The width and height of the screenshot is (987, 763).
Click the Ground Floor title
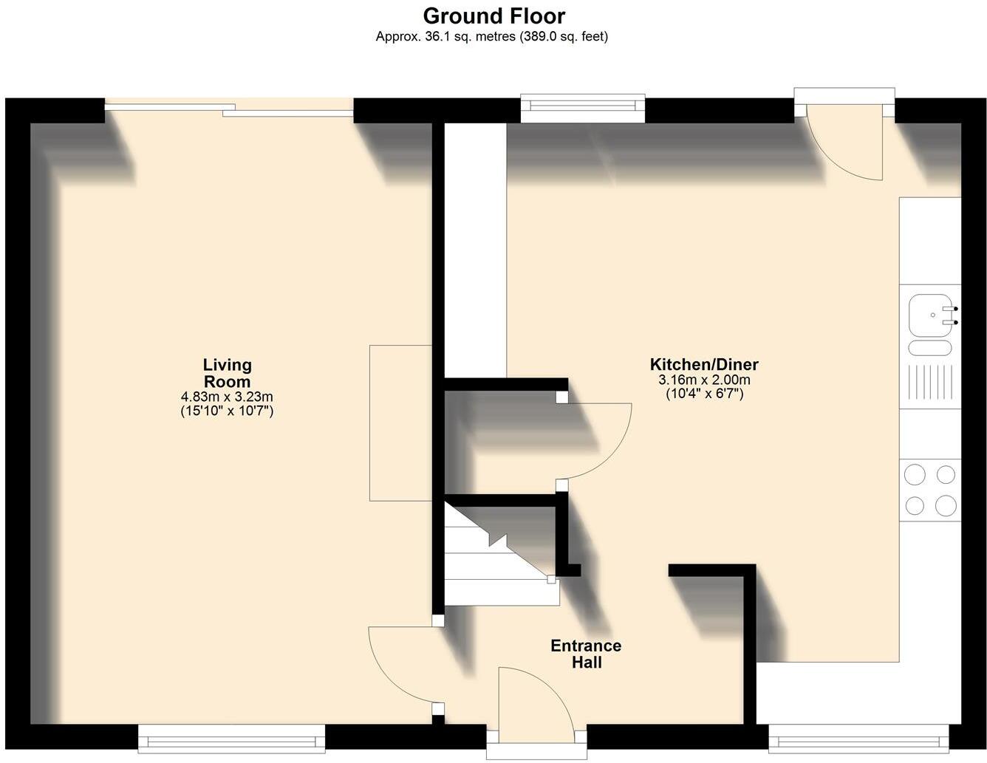(x=493, y=16)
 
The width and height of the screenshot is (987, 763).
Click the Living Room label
(x=228, y=373)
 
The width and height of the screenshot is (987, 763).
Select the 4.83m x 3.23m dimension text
(x=228, y=397)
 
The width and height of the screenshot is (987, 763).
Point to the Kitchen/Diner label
(x=703, y=364)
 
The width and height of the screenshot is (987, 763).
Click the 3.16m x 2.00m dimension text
(x=703, y=380)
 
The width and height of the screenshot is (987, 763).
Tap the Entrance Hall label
(x=586, y=654)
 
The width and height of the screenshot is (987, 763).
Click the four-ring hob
(x=930, y=489)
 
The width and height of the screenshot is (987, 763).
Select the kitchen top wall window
(x=583, y=109)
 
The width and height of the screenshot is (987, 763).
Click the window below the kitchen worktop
(x=858, y=736)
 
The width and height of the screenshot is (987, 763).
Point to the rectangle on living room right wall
(x=400, y=422)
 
